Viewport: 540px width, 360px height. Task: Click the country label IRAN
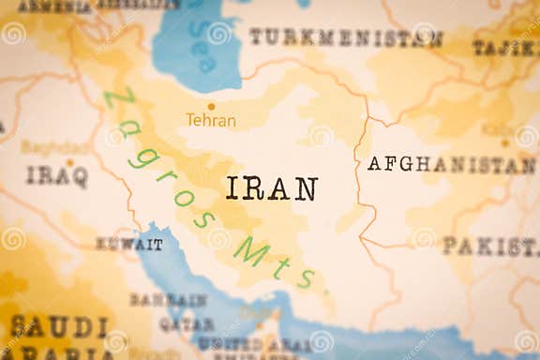click(271, 188)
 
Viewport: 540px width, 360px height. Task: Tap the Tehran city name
click(211, 120)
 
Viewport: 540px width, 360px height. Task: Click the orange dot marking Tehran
click(211, 106)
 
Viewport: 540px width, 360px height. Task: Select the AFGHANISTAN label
click(450, 164)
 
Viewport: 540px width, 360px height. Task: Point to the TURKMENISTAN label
click(345, 37)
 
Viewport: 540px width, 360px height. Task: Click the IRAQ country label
click(56, 175)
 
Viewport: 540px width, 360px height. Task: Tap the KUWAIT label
click(129, 244)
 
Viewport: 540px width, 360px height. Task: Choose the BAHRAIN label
click(169, 300)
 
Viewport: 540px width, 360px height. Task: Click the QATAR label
click(186, 323)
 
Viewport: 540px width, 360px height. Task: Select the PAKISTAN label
click(489, 247)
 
